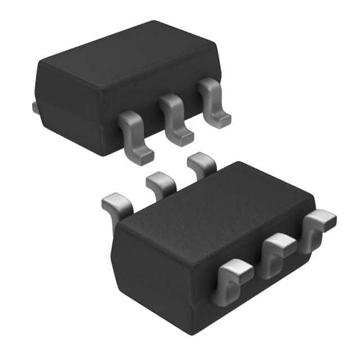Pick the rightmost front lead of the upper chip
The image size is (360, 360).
pyautogui.click(x=213, y=98)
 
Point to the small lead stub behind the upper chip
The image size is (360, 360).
pyautogui.click(x=35, y=107)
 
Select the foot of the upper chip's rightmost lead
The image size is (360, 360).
pyautogui.click(x=222, y=120)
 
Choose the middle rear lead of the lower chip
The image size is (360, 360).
pyautogui.click(x=160, y=183)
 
